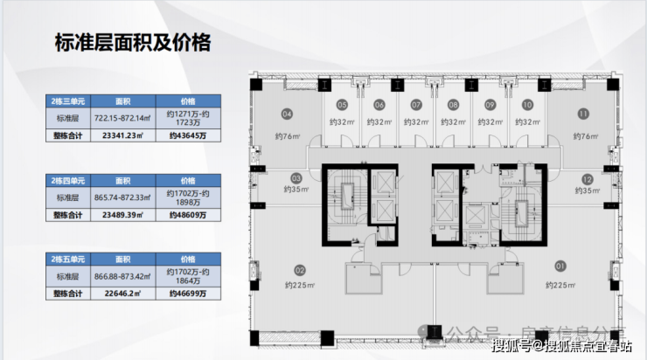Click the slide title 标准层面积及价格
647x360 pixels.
(132, 43)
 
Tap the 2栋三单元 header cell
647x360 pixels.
(70, 100)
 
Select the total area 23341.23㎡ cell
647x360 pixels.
(122, 135)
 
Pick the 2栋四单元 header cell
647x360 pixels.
(70, 177)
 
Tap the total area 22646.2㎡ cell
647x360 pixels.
(122, 294)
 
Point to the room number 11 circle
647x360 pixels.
(583, 114)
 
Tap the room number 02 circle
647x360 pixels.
(298, 269)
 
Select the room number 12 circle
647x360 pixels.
(587, 177)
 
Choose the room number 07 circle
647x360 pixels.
(416, 106)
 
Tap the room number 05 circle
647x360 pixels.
(342, 106)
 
